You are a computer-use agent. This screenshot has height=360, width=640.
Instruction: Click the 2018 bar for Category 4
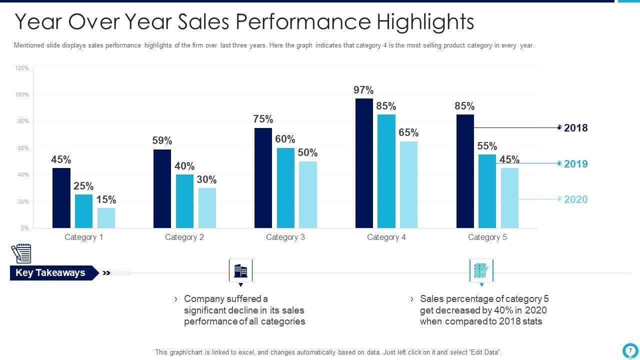(364, 163)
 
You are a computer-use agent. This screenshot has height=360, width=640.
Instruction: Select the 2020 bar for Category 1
(106, 218)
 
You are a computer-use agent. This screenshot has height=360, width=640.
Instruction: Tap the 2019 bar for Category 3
(285, 188)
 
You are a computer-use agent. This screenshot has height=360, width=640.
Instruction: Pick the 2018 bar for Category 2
(162, 188)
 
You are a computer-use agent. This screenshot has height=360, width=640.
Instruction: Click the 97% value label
(363, 90)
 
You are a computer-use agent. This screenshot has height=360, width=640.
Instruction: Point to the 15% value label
(106, 199)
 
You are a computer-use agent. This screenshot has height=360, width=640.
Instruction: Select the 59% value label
(162, 140)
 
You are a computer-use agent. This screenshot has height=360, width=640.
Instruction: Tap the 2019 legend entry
(575, 164)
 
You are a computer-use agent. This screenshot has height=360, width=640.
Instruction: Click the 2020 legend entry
(575, 199)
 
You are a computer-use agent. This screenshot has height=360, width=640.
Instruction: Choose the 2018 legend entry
(575, 128)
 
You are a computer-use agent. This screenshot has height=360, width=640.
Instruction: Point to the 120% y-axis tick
(22, 68)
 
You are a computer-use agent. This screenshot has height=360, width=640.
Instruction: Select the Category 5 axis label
(487, 237)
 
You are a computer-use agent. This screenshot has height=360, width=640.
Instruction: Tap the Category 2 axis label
(184, 237)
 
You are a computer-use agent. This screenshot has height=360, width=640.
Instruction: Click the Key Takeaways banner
(51, 272)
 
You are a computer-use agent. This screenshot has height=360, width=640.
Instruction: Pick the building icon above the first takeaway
(240, 271)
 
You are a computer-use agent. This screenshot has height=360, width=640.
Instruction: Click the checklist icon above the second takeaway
(481, 271)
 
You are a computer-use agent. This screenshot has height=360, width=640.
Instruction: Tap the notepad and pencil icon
(21, 253)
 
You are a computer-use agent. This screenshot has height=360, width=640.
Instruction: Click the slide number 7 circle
(630, 350)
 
